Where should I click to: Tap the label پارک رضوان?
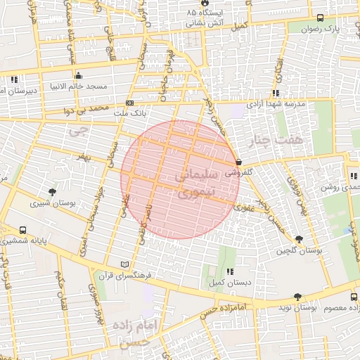[320, 30]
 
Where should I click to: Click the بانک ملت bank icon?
[129, 103]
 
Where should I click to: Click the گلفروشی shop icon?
[240, 161]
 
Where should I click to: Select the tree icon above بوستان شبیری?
[52, 191]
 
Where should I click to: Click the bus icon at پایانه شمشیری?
[23, 230]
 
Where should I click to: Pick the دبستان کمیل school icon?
[230, 271]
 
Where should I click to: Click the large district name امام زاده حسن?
[139, 332]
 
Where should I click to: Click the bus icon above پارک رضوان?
[321, 18]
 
